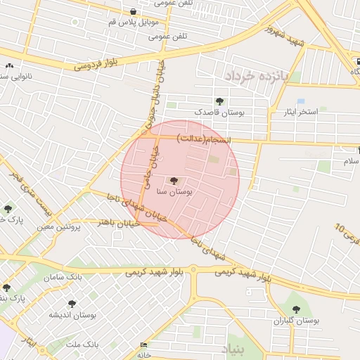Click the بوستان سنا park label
(x=177, y=191)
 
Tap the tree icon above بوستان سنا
(x=174, y=181)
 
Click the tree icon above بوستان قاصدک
(x=219, y=101)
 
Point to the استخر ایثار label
(x=298, y=112)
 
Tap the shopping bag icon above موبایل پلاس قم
(x=133, y=11)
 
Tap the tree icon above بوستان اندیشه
(x=71, y=304)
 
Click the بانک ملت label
(x=82, y=344)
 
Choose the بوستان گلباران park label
(x=297, y=321)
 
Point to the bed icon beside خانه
(x=144, y=345)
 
